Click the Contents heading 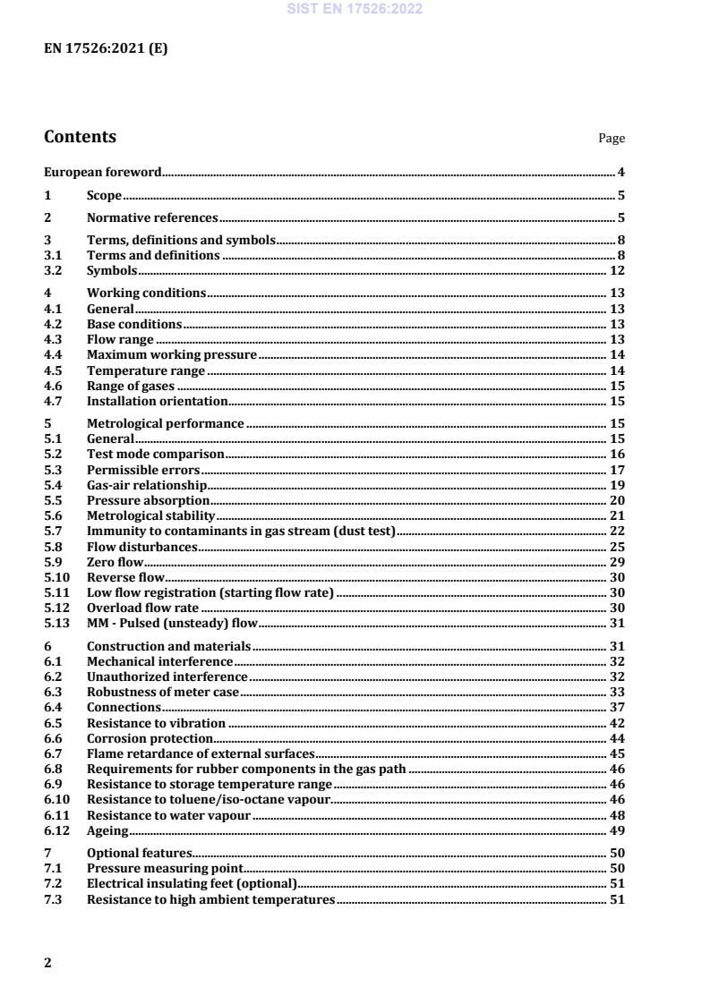coord(80,137)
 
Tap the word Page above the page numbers coord(612,139)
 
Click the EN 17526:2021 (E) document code coord(106,49)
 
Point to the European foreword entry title coord(103,172)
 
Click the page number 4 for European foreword coord(620,172)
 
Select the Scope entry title coord(104,195)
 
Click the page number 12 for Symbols coord(617,270)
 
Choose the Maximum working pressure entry coord(172,354)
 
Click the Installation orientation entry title coord(157,401)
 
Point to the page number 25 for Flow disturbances coord(617,547)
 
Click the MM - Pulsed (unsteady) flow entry coord(172,624)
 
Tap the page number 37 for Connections coord(617,707)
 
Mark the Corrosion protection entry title coord(150,738)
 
